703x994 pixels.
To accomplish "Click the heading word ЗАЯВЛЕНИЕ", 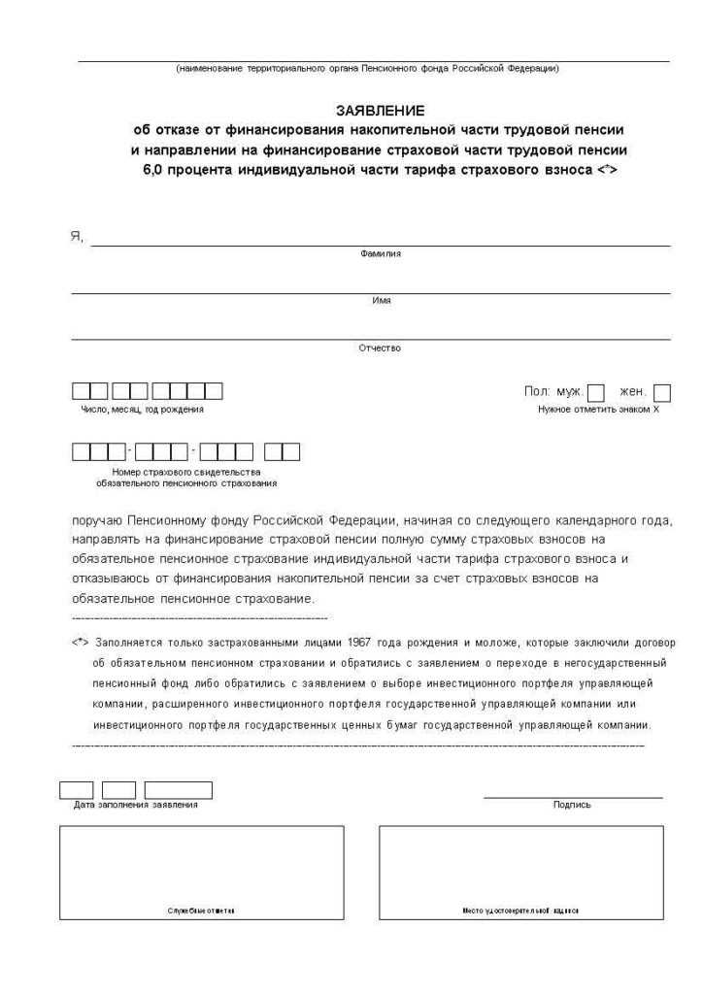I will tap(380, 111).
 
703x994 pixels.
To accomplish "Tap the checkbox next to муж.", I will tap(596, 393).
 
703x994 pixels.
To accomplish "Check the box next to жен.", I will tap(662, 393).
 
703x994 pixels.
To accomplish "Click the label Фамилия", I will tap(380, 254).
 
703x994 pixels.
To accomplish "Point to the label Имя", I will tap(381, 301).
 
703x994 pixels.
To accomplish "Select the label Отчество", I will tap(380, 348).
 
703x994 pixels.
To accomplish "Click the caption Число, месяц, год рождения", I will tap(142, 410).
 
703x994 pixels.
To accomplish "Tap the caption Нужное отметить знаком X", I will tap(598, 410).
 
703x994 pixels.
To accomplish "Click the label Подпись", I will tap(572, 805).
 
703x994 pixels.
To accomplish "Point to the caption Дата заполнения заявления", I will tap(136, 805).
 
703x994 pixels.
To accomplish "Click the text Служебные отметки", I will tap(201, 911).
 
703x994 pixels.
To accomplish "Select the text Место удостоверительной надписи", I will tap(520, 911).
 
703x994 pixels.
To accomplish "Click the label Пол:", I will tap(537, 391).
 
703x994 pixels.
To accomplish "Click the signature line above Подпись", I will tap(573, 797).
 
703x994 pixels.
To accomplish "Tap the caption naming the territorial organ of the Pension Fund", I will tap(367, 68).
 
